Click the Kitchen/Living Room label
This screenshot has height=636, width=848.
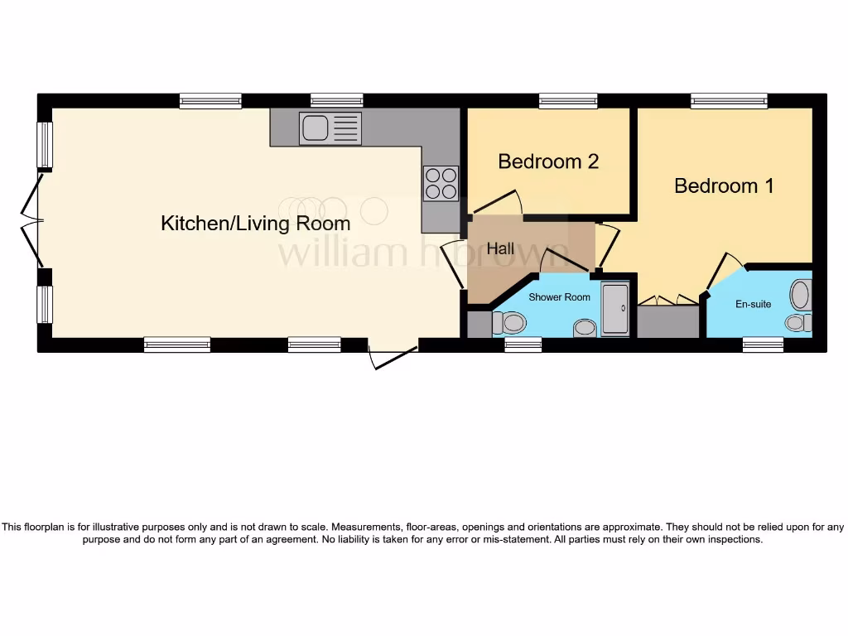[x=255, y=223]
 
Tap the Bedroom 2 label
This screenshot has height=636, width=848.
[x=548, y=161]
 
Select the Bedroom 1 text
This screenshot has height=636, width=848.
[x=724, y=185]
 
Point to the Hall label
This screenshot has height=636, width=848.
[x=500, y=248]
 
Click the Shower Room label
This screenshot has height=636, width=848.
[x=559, y=297]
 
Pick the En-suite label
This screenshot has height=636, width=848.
[x=753, y=304]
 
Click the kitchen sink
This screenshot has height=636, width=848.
[x=330, y=128]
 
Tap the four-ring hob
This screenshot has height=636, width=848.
[x=441, y=184]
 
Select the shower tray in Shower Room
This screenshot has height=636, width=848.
[x=615, y=310]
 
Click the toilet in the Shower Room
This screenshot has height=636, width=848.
[x=510, y=322]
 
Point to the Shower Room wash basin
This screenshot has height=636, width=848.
[x=585, y=329]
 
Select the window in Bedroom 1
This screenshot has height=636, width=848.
[x=729, y=100]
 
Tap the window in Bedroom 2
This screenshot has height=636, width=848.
[x=567, y=100]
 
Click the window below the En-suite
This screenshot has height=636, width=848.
[x=763, y=345]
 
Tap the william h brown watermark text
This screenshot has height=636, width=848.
[x=422, y=253]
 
